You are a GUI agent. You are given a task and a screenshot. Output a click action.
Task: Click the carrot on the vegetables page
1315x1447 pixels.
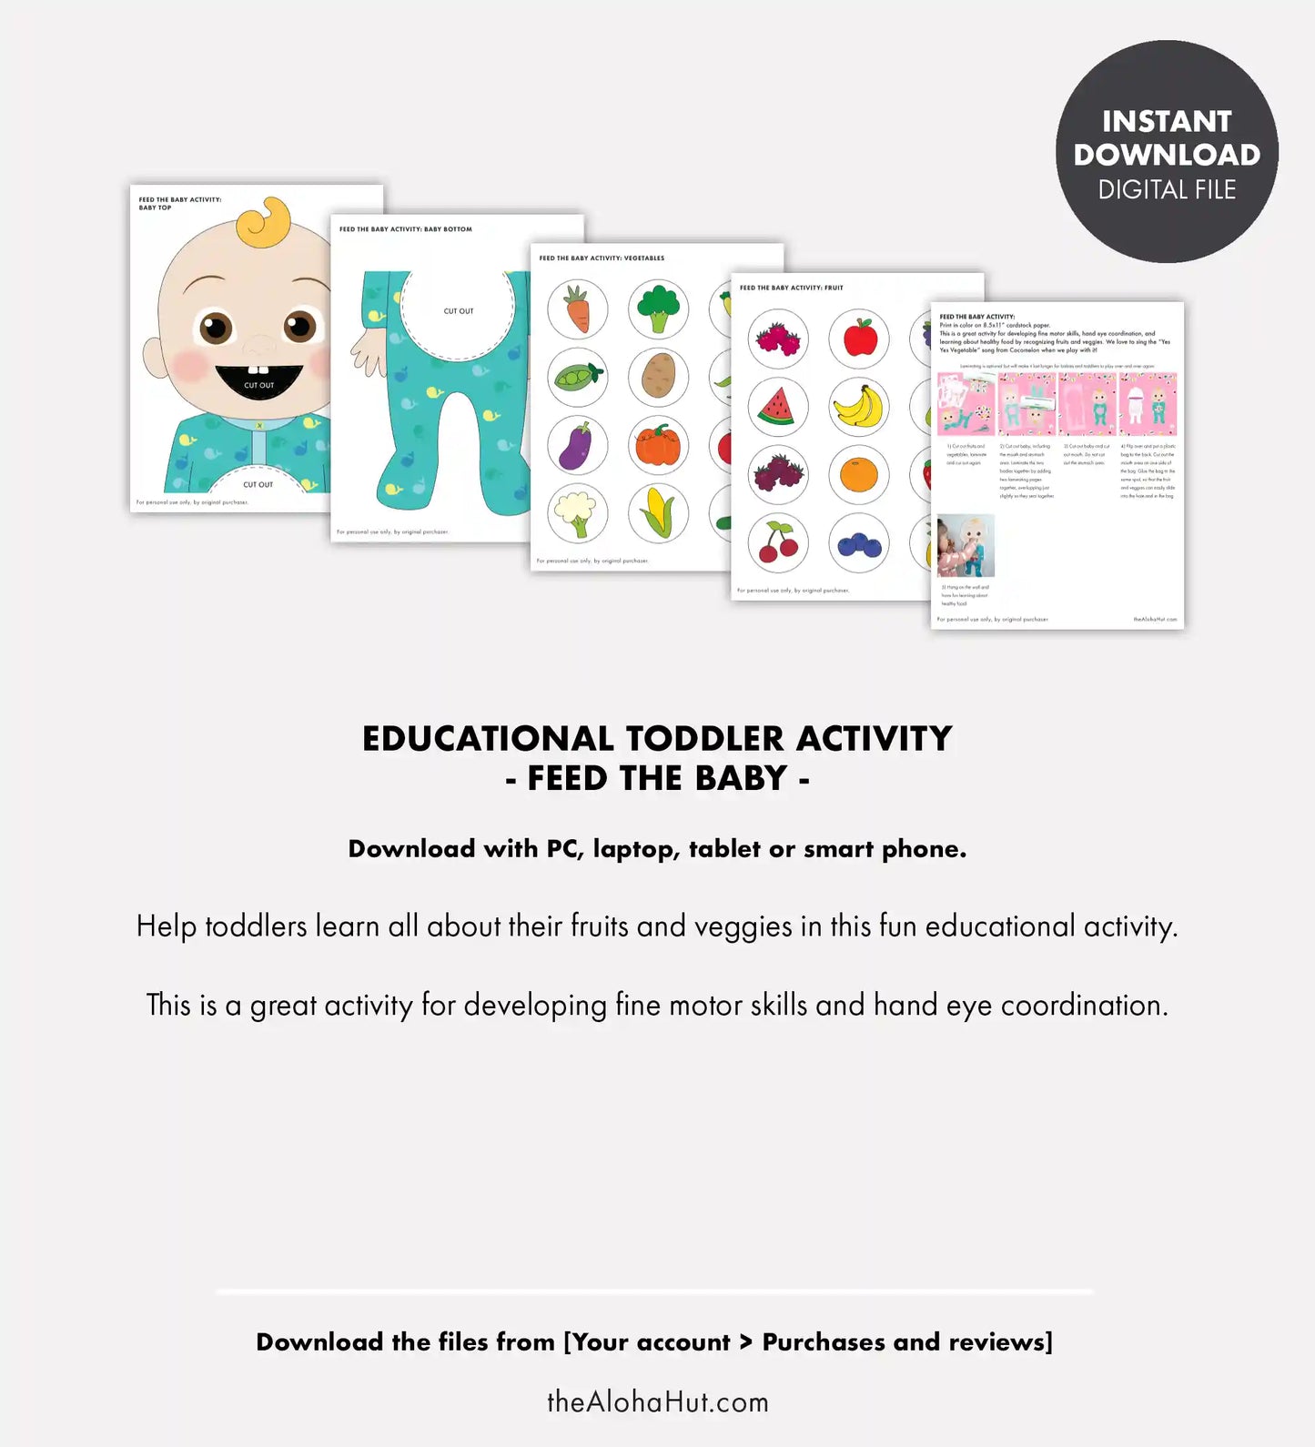(577, 309)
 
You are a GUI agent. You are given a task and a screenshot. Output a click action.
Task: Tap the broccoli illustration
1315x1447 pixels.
(658, 309)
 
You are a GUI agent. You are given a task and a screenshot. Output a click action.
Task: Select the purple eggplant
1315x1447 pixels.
(577, 445)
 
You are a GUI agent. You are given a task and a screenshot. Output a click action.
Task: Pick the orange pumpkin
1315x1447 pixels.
(658, 445)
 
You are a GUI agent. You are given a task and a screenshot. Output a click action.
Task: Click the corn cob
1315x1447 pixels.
(658, 513)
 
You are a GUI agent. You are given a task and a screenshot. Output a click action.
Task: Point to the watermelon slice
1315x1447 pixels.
(778, 406)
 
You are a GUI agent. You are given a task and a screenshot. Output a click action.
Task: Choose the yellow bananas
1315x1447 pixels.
(858, 406)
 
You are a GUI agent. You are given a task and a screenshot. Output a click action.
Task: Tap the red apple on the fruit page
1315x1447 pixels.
(859, 338)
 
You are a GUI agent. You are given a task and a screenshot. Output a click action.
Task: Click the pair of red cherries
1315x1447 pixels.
(778, 542)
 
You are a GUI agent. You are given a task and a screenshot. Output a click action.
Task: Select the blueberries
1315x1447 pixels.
(858, 544)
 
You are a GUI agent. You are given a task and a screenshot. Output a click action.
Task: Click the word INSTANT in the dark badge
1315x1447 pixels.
(1167, 121)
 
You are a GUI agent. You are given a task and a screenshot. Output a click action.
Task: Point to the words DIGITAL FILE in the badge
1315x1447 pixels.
(1167, 189)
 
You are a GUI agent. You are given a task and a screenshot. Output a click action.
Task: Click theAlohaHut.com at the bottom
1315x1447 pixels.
(657, 1401)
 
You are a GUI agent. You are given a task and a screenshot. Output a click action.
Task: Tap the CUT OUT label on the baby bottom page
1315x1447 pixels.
(459, 311)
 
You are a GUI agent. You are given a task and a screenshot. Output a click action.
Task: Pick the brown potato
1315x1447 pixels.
(658, 376)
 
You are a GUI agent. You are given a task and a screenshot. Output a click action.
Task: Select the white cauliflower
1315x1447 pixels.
(577, 513)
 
